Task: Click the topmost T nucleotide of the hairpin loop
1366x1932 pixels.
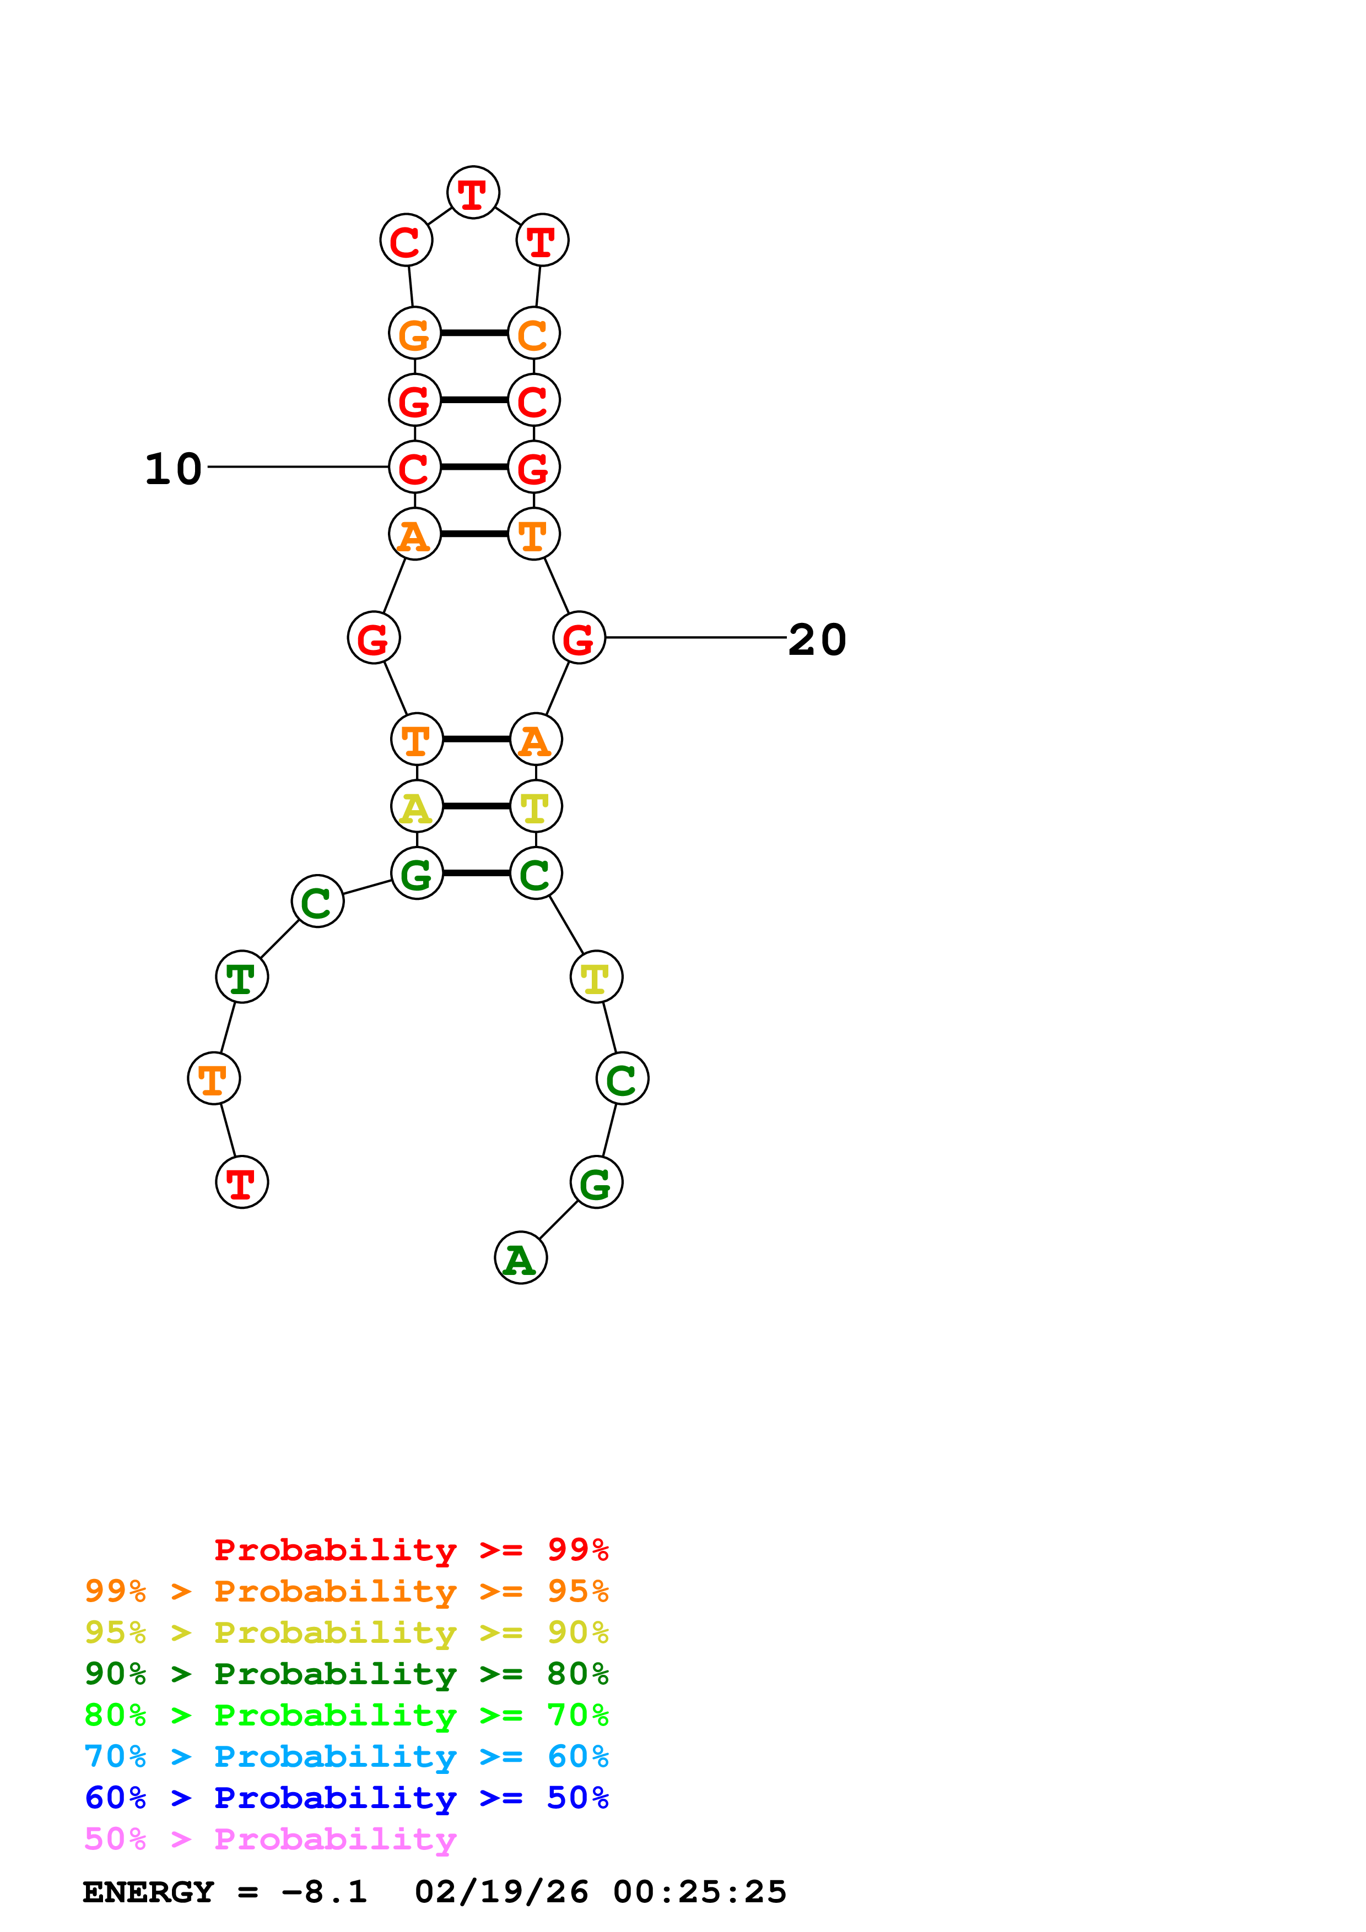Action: click(x=473, y=193)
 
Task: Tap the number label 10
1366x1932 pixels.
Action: click(x=174, y=469)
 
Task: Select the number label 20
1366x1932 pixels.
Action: click(x=817, y=639)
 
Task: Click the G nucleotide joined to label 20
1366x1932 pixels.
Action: click(x=579, y=638)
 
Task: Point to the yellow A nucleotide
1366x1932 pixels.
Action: click(x=417, y=806)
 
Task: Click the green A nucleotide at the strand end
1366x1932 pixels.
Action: click(x=520, y=1258)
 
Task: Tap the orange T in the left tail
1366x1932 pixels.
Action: click(x=214, y=1078)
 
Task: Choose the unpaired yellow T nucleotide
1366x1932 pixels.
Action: click(x=596, y=977)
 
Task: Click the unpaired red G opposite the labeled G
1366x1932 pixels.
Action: click(x=373, y=638)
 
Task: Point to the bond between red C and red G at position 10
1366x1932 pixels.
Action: click(x=474, y=467)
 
